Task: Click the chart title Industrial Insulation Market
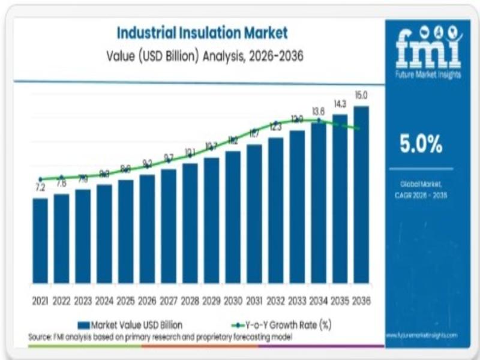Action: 202,32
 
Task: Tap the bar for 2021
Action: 40,240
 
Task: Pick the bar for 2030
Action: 233,216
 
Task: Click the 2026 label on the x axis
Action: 147,300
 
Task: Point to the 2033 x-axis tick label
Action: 297,300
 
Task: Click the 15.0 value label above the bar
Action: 361,95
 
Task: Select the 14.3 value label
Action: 340,104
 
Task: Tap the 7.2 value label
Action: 40,188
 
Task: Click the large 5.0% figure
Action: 421,144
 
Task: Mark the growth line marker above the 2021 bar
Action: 40,179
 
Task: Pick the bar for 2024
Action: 104,233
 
